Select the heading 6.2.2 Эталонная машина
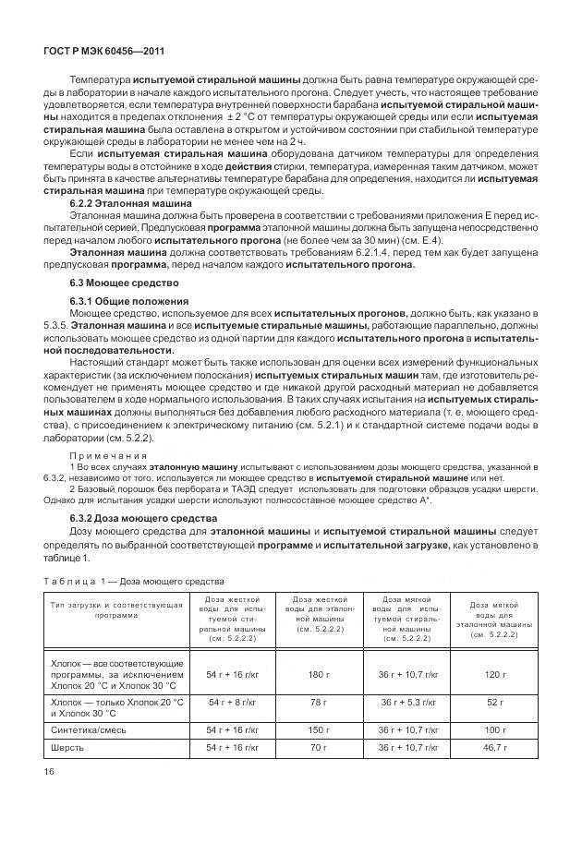[131, 202]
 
